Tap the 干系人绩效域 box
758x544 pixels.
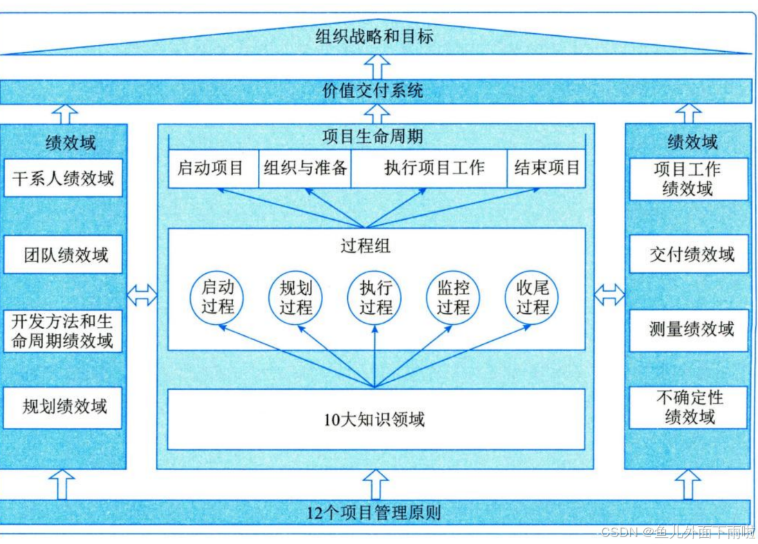coord(63,179)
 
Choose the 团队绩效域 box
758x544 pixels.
coord(63,255)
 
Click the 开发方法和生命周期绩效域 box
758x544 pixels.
coord(63,330)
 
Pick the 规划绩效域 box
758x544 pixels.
coord(63,406)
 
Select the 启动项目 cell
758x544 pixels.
coord(212,168)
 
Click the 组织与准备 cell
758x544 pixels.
coord(305,168)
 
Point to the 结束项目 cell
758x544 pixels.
coord(546,168)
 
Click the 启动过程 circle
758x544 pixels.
coord(217,297)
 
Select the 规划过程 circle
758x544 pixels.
coord(296,297)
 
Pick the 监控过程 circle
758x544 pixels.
coord(453,297)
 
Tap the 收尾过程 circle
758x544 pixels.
coord(532,297)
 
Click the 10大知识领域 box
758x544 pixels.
coord(376,419)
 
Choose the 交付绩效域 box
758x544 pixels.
coord(690,254)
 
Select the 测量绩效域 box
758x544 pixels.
coord(690,330)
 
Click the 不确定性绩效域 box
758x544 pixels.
coord(690,407)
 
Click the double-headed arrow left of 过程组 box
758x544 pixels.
coord(142,295)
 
